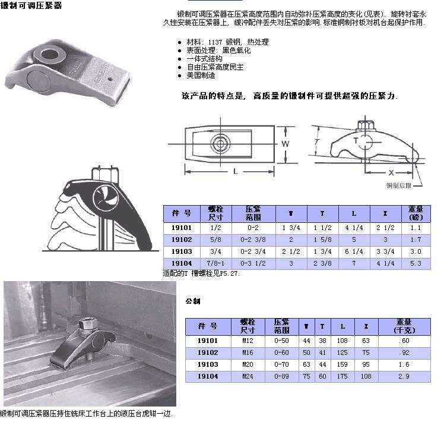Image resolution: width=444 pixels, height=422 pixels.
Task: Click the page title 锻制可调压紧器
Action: click(x=31, y=5)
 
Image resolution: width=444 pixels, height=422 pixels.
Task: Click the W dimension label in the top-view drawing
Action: click(x=286, y=144)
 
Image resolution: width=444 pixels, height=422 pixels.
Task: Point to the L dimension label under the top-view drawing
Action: click(x=235, y=171)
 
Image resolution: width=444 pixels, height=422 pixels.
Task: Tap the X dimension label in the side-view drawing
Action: click(x=391, y=172)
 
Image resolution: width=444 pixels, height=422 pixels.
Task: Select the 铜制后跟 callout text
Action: click(x=399, y=185)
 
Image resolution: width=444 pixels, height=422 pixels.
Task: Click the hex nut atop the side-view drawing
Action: click(x=366, y=125)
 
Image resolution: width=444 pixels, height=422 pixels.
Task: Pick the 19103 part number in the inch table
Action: click(x=182, y=251)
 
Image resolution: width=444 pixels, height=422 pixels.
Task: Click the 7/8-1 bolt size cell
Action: click(x=215, y=263)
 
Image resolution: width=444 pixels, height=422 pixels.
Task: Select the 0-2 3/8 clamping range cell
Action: click(x=253, y=240)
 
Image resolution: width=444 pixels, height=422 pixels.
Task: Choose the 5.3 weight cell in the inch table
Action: click(x=416, y=263)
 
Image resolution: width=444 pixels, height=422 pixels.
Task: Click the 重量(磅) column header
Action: click(x=416, y=213)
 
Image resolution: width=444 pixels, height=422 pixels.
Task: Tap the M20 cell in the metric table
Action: click(x=248, y=364)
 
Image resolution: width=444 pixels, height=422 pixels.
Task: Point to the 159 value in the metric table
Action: click(x=342, y=364)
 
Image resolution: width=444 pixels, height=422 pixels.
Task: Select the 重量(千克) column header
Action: click(x=404, y=326)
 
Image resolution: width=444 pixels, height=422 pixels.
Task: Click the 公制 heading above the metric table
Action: click(x=193, y=301)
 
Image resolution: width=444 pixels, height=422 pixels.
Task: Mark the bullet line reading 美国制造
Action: click(x=201, y=75)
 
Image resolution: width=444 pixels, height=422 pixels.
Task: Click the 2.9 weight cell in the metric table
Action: click(x=404, y=376)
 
